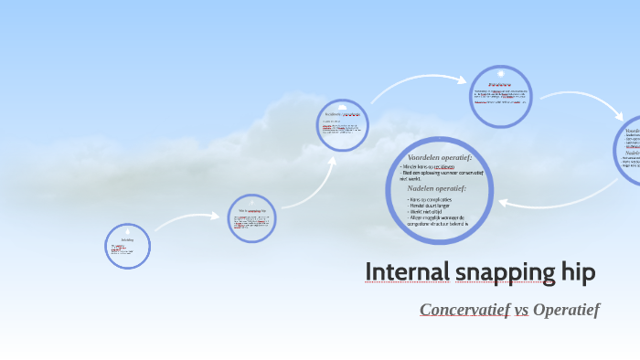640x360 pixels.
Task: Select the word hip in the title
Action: click(x=576, y=272)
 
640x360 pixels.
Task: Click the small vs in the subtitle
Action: click(x=522, y=311)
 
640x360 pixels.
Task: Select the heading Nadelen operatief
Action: click(x=437, y=188)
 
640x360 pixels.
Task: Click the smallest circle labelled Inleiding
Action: click(x=127, y=246)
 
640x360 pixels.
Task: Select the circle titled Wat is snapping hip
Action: click(x=252, y=217)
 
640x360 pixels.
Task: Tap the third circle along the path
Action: click(x=343, y=124)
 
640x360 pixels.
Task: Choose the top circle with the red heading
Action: click(x=500, y=96)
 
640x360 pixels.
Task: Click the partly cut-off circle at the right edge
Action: click(x=628, y=151)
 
